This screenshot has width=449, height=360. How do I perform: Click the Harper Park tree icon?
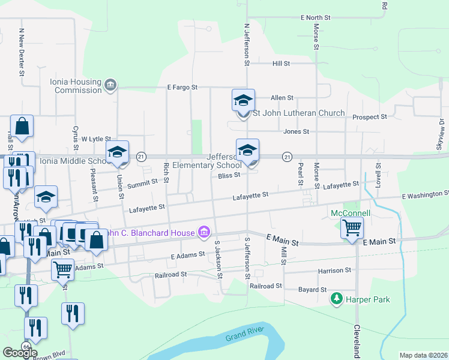[x=337, y=298]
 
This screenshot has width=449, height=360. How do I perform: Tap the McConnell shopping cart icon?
[x=352, y=227]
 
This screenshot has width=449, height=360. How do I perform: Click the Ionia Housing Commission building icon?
[x=110, y=85]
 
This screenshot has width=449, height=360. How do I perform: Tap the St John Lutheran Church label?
[x=299, y=113]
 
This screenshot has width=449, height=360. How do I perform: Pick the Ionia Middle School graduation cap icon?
[x=118, y=152]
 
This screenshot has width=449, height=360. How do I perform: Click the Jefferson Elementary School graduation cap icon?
[x=247, y=150]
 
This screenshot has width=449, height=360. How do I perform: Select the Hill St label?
[x=281, y=63]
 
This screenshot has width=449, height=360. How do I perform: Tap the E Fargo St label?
[x=182, y=88]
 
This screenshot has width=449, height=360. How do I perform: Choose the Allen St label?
[x=282, y=97]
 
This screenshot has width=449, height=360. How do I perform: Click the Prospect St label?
[x=370, y=117]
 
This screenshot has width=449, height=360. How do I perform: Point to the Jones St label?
[x=296, y=131]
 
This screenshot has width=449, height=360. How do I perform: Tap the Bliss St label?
[x=229, y=175]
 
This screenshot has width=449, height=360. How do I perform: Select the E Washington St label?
[x=425, y=194]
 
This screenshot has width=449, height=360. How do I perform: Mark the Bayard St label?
[x=312, y=289]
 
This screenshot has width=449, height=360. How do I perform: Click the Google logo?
[x=20, y=353]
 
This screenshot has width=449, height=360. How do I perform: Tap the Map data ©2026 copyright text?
[x=423, y=355]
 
